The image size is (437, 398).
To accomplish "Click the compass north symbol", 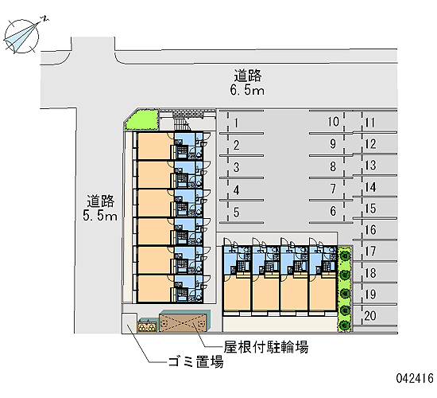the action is click(21, 36).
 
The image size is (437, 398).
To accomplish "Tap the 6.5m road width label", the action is click(247, 90).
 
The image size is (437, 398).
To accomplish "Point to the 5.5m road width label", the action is click(100, 216).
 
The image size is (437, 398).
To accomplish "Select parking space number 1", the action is click(236, 123).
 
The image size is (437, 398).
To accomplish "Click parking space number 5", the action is click(236, 213).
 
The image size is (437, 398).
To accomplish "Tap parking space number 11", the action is click(370, 123).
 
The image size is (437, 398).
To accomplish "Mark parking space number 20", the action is click(370, 315).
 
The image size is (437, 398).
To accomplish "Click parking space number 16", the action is click(370, 230).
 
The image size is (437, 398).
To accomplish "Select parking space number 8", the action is click(333, 166).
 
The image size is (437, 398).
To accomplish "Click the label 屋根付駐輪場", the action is click(266, 347).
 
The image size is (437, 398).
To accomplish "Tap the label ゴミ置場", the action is click(195, 362).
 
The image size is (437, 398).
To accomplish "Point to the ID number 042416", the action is click(415, 378).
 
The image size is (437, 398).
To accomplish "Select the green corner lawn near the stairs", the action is click(142, 120).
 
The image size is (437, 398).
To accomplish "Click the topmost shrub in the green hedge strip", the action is click(346, 255).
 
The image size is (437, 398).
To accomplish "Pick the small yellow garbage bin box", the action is click(147, 326).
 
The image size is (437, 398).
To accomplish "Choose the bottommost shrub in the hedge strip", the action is click(345, 325).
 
